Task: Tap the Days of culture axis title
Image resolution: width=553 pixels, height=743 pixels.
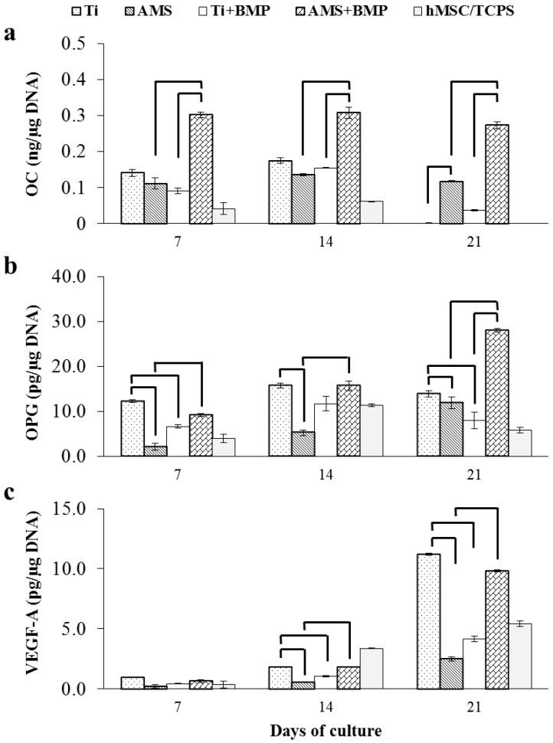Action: point(326,731)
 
